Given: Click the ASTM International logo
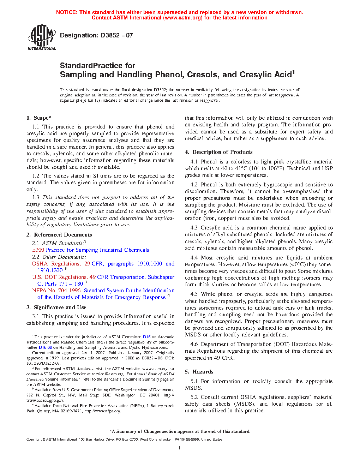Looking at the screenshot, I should pyautogui.click(x=42, y=37).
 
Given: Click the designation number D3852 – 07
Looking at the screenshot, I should pyautogui.click(x=116, y=35).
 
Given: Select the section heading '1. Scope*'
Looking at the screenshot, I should pyautogui.click(x=39, y=118).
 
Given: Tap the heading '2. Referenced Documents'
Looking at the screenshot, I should pyautogui.click(x=59, y=235).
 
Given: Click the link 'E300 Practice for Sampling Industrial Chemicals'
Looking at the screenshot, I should pyautogui.click(x=90, y=250).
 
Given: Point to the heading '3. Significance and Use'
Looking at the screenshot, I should pyautogui.click(x=56, y=307).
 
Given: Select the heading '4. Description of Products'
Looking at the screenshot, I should pyautogui.click(x=219, y=152).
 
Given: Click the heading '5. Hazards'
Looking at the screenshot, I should pyautogui.click(x=199, y=372).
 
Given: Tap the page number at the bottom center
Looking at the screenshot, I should pyautogui.click(x=180, y=448).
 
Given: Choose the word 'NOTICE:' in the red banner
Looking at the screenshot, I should pyautogui.click(x=67, y=12).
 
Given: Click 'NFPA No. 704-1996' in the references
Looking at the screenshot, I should pyautogui.click(x=56, y=291).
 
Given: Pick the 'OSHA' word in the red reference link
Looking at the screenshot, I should pyautogui.click(x=40, y=264).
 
